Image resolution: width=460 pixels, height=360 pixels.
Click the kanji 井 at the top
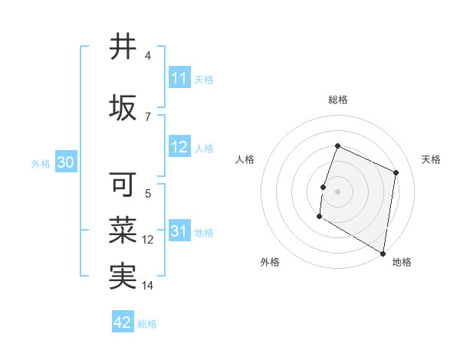pos(123,47)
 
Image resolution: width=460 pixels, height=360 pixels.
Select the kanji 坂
pos(123,108)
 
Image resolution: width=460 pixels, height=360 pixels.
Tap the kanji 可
pos(123,185)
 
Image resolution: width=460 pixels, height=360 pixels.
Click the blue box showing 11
pos(179,78)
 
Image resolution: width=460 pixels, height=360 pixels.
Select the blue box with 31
pos(179,232)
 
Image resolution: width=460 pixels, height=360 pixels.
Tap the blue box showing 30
pos(65,162)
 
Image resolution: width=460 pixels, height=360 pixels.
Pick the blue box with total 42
pos(123,322)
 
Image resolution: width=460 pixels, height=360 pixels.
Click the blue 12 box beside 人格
pos(179,148)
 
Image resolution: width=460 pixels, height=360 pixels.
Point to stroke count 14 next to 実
pos(148,286)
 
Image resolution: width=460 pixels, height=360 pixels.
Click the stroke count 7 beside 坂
pos(148,116)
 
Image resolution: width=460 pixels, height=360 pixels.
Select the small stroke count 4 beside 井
pos(148,56)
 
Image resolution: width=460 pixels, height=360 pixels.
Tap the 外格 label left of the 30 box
pos(41,163)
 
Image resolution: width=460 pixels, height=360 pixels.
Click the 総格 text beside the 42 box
pos(147,323)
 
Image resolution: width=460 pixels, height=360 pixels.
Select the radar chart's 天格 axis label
pos(431,159)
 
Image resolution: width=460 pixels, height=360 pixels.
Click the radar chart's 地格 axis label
pos(402,262)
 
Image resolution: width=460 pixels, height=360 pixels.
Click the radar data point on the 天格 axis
pos(396,172)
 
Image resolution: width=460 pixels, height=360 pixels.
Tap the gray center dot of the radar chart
pos(337,191)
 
